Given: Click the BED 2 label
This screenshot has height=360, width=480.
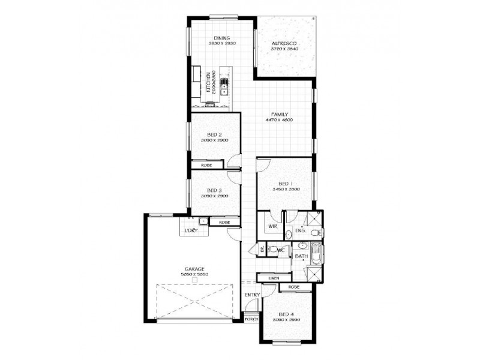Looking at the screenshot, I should [215, 134].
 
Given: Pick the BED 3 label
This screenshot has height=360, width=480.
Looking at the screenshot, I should [215, 190].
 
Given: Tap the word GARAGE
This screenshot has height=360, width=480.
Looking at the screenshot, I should [194, 269].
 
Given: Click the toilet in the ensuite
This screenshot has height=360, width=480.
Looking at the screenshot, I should [289, 234].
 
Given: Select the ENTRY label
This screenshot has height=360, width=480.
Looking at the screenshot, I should [251, 295].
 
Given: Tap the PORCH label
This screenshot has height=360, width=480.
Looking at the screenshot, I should [251, 319].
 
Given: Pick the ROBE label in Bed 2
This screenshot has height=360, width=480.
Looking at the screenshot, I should [206, 163].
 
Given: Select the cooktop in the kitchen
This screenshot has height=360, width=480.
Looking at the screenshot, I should [211, 105].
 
